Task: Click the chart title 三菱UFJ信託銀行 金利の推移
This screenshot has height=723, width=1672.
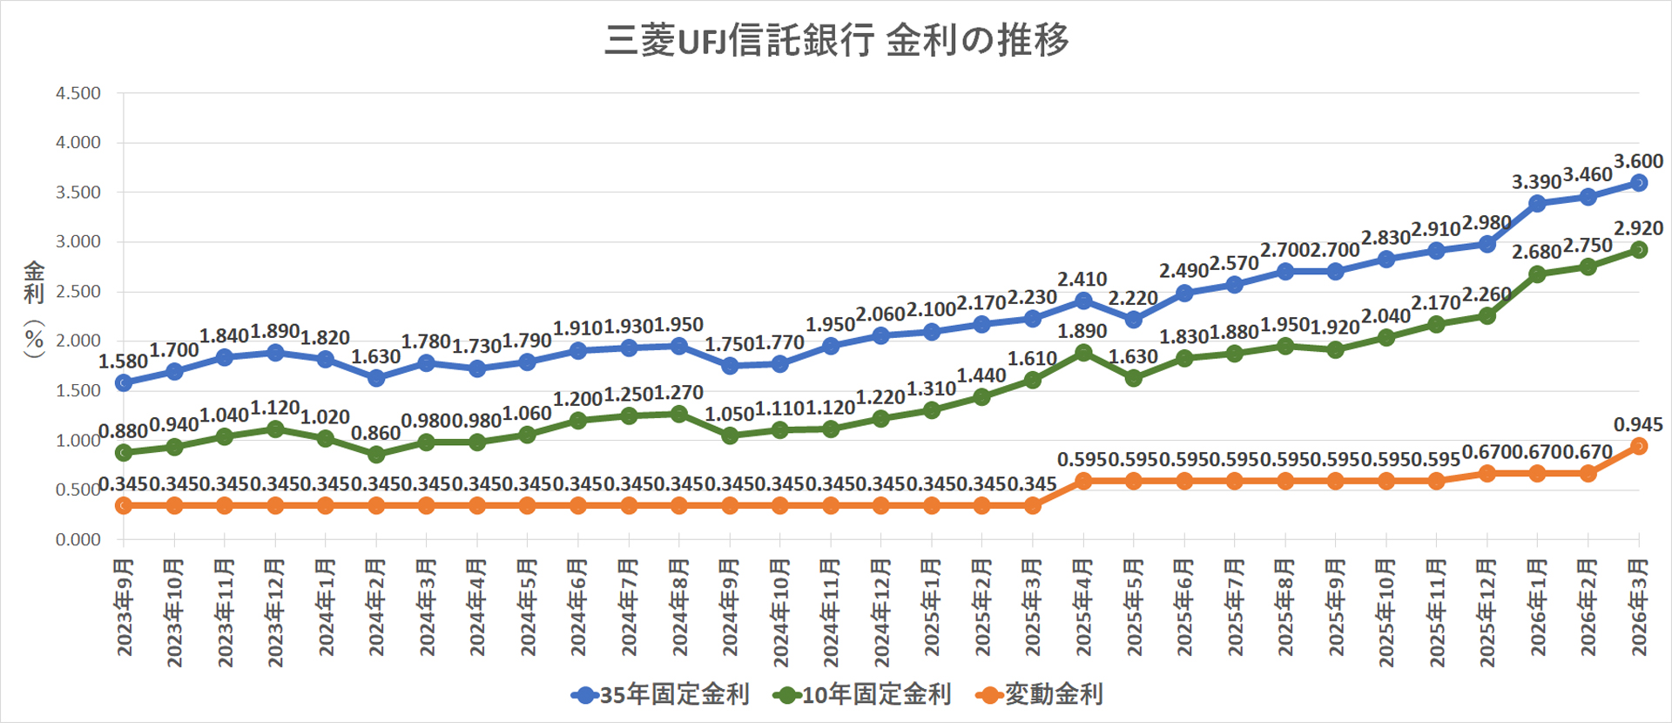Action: (836, 40)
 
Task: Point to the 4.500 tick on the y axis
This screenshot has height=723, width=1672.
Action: (78, 93)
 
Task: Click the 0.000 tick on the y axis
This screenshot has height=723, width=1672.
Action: (78, 540)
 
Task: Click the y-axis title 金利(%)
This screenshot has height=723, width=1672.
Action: (34, 309)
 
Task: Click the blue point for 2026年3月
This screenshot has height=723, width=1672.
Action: (1638, 183)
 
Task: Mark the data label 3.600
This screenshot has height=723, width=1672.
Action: (1638, 161)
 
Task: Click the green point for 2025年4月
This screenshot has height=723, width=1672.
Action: (1083, 353)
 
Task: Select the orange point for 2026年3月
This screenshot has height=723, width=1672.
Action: (1638, 446)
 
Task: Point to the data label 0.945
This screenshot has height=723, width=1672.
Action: (1638, 425)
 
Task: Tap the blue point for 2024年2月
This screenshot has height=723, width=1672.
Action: (376, 378)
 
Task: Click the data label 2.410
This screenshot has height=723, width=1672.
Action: (1082, 280)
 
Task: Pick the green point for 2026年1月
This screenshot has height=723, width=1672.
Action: (1537, 274)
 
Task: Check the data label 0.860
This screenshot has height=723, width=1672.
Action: (375, 433)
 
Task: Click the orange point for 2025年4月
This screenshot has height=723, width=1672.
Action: (1083, 481)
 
